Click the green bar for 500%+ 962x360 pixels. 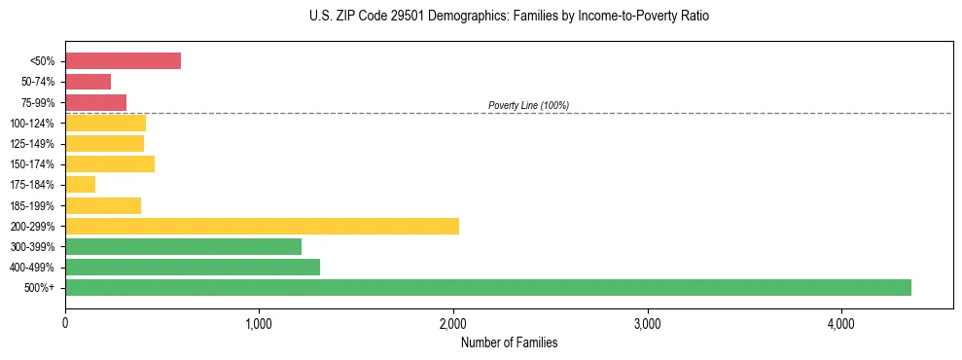487,287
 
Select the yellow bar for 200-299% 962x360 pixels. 262,226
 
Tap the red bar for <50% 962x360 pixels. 123,61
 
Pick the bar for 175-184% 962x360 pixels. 80,184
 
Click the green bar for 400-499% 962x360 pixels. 192,267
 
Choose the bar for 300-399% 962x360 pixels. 183,246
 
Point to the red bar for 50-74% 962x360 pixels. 88,82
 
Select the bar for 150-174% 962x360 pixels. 109,163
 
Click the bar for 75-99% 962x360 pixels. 95,102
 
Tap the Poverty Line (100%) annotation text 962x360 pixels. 528,105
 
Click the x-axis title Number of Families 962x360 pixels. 509,342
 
